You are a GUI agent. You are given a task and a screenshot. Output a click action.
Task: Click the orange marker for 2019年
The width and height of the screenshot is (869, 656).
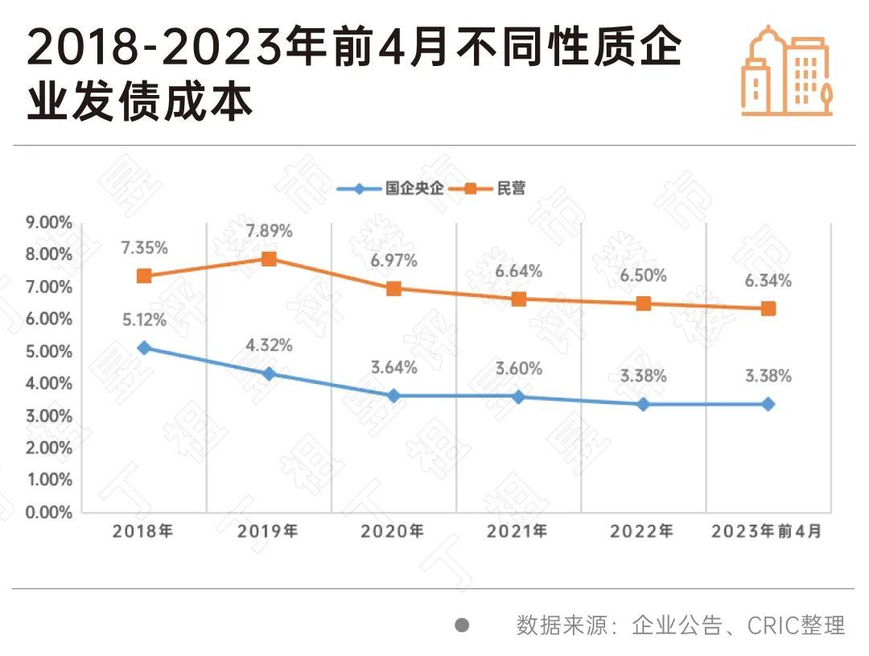[269, 258]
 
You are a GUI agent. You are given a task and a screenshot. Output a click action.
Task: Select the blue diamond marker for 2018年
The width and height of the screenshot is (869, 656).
[144, 348]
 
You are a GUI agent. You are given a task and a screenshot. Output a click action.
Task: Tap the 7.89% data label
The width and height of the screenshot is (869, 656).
[269, 232]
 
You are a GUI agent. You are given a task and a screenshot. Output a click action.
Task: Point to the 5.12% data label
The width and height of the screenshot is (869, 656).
[144, 320]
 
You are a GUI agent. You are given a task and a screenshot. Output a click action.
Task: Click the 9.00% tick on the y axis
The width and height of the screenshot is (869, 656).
[48, 222]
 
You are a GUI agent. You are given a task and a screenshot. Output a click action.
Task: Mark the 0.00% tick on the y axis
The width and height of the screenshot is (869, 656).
[48, 512]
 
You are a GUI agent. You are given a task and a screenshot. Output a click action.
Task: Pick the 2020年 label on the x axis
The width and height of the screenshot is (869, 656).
[393, 532]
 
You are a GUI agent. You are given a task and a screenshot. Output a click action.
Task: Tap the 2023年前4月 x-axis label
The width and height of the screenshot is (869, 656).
[768, 532]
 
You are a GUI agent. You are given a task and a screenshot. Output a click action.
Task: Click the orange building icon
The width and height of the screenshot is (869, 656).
[786, 71]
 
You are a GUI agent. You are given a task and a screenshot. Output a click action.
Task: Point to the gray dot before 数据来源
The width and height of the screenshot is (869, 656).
[462, 625]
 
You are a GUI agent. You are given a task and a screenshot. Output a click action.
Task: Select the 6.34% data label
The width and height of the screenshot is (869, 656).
[768, 281]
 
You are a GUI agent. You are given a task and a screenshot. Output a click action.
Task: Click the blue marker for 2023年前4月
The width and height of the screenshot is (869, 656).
[768, 404]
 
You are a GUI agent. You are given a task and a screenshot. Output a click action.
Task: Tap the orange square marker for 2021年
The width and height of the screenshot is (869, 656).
[518, 299]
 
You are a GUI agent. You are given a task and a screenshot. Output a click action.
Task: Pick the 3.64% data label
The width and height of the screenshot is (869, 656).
[393, 368]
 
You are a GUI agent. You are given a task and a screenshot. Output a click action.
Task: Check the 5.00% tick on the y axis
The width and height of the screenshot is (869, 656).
[48, 351]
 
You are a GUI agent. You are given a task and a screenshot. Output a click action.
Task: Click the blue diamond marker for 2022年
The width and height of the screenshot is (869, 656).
[643, 404]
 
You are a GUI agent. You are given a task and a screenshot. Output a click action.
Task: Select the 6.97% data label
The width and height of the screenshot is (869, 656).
[393, 261]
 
